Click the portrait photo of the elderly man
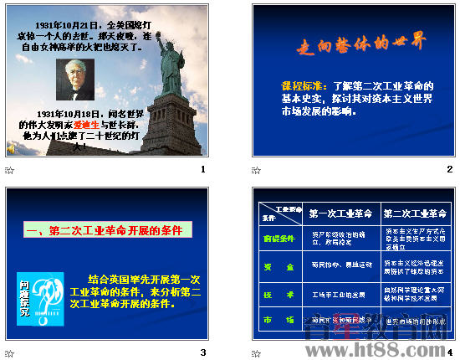(x=75, y=80)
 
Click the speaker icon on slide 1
(x=11, y=147)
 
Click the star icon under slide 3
(x=10, y=351)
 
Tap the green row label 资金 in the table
(x=279, y=267)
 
